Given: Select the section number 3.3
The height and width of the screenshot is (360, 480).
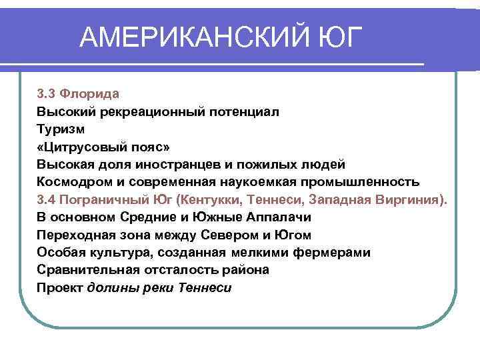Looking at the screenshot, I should click(46, 94).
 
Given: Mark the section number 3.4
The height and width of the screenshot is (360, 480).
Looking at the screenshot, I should click(47, 199).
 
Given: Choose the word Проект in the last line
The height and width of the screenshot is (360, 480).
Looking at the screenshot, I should click(60, 288).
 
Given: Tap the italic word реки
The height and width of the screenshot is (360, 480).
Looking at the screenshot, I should click(159, 288).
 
